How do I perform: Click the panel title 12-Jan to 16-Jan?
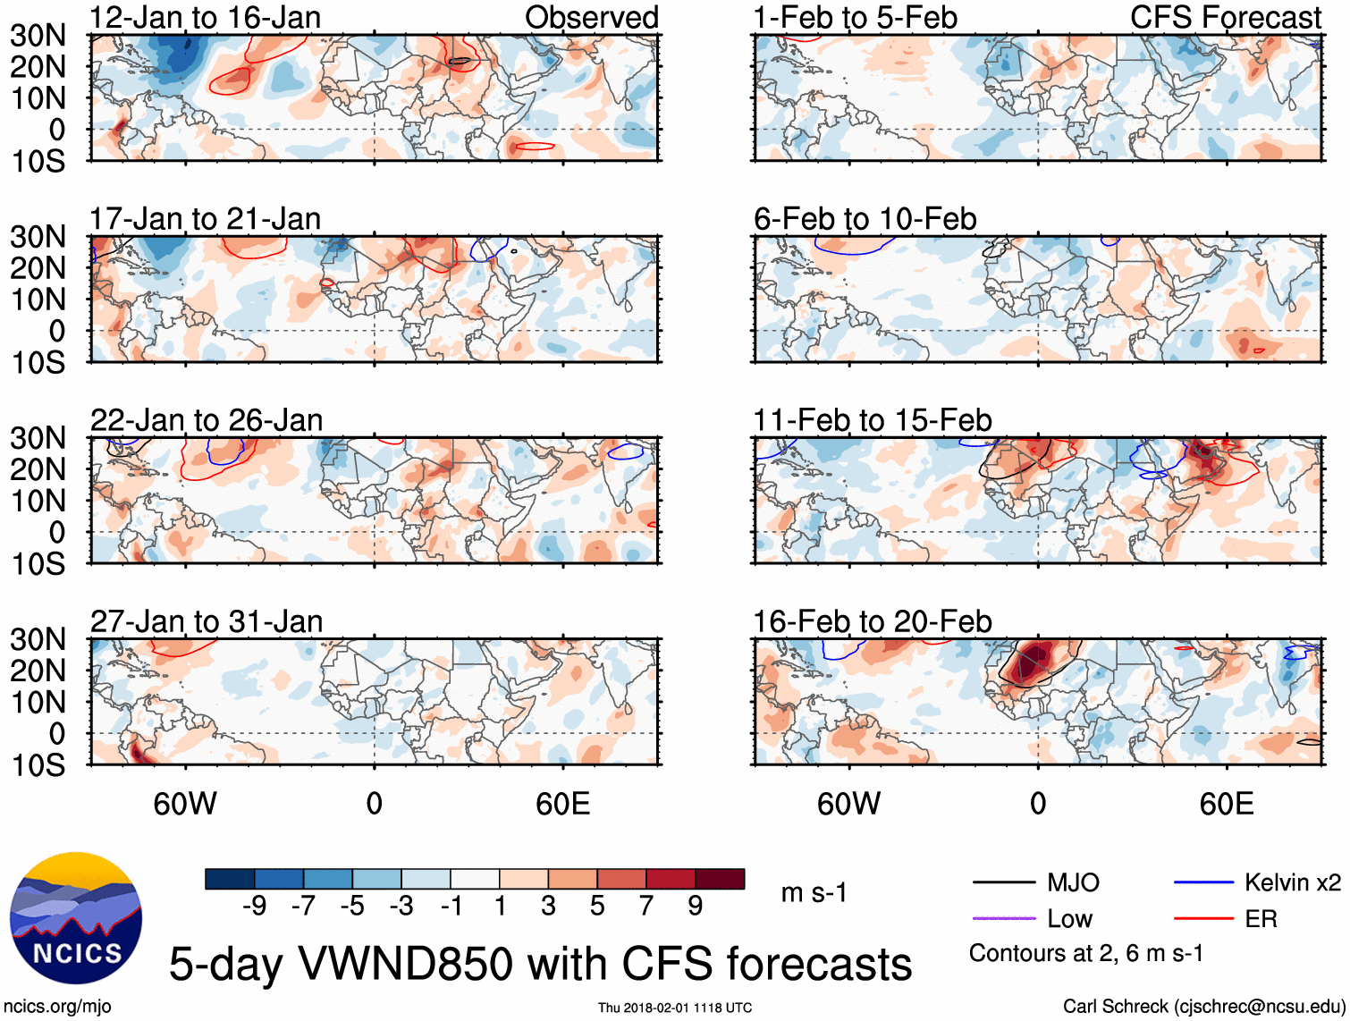click(205, 17)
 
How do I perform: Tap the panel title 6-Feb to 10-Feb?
click(865, 219)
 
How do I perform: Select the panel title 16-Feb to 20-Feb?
click(872, 621)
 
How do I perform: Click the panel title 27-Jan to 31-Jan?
click(206, 621)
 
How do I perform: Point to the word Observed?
click(591, 17)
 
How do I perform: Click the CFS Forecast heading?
click(1225, 17)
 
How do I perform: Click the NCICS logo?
click(76, 918)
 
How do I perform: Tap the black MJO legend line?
click(1003, 882)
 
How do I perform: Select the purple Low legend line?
click(1003, 918)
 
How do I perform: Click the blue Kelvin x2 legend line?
click(1203, 882)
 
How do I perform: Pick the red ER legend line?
click(1203, 918)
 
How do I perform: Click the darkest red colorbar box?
click(720, 879)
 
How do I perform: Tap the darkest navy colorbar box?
click(229, 879)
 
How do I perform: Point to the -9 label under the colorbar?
click(254, 906)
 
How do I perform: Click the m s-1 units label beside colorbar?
click(814, 892)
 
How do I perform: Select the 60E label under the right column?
click(1226, 804)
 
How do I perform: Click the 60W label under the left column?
click(185, 804)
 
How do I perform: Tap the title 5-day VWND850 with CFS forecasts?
click(540, 964)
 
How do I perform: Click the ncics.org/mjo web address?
click(57, 1007)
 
